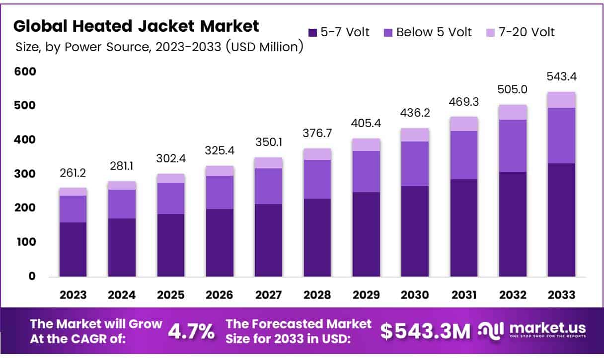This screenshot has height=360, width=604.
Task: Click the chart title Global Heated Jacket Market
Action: coord(137,26)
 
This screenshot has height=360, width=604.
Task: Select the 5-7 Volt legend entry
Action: coord(339,33)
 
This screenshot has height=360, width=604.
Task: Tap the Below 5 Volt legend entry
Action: coord(428,33)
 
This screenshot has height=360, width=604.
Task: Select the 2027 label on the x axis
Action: coord(268,295)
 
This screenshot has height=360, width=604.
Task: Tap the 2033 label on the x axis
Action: coord(562,295)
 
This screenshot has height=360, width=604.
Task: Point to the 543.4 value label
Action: coord(562,77)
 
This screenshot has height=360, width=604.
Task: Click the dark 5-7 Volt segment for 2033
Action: coord(562,219)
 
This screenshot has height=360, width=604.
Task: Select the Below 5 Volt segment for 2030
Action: coord(415,164)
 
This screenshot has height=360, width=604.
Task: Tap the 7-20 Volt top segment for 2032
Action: coord(513,112)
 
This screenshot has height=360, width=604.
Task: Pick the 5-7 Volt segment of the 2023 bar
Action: coord(73,249)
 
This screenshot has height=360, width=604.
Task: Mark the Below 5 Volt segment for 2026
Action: coord(220,192)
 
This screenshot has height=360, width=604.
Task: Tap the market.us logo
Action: coord(532,330)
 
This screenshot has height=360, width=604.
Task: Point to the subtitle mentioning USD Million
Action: coord(158,48)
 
